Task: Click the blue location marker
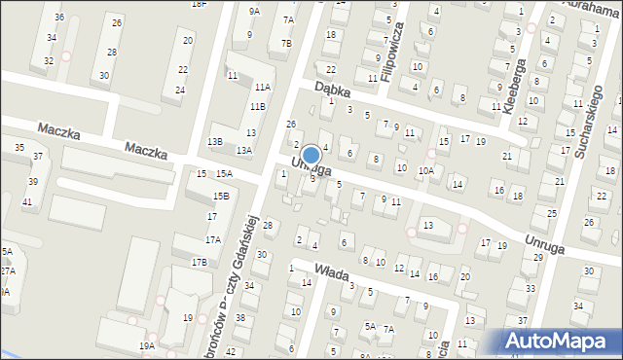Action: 311,155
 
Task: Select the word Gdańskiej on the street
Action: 244,242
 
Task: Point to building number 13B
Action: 215,142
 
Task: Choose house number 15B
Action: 222,196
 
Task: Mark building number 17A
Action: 212,239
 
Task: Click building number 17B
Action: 199,263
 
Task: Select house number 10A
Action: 425,170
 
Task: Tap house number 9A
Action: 254,11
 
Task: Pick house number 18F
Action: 199,4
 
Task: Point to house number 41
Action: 27,201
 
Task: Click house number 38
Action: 241,318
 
